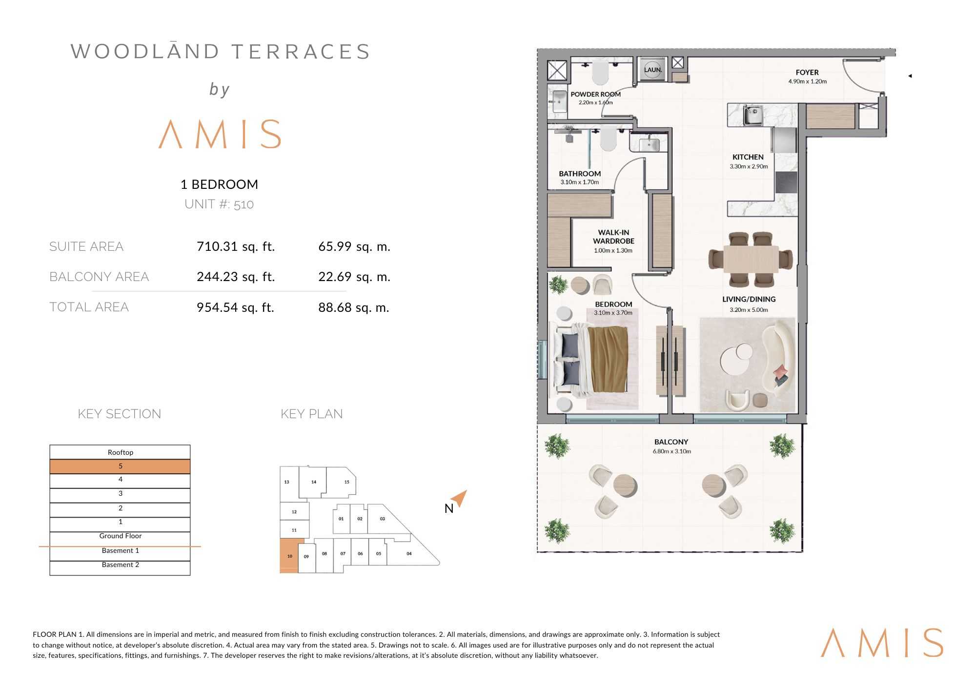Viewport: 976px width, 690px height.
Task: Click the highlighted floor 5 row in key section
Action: [x=120, y=467]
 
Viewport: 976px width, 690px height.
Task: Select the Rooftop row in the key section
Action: [x=120, y=452]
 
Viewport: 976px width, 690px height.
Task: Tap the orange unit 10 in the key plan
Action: [x=289, y=556]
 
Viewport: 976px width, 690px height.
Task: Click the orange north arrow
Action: [x=460, y=498]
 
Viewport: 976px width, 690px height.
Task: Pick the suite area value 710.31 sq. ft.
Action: [x=236, y=246]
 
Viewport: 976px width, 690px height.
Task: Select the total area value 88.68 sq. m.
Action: [x=354, y=307]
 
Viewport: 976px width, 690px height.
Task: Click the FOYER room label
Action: [x=807, y=72]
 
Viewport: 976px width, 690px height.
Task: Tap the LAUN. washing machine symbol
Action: [x=653, y=70]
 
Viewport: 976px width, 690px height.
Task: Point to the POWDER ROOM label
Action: [x=596, y=94]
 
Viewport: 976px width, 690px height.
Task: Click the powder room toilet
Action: [x=601, y=73]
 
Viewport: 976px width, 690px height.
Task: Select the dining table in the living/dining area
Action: [x=751, y=259]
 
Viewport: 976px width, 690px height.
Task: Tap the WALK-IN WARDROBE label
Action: [x=613, y=237]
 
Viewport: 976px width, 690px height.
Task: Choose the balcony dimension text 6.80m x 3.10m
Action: [x=671, y=451]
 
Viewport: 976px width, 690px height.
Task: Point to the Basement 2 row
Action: [x=120, y=565]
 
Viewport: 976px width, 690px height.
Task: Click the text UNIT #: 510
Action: [x=219, y=204]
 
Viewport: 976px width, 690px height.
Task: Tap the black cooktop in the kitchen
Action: [x=786, y=182]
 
